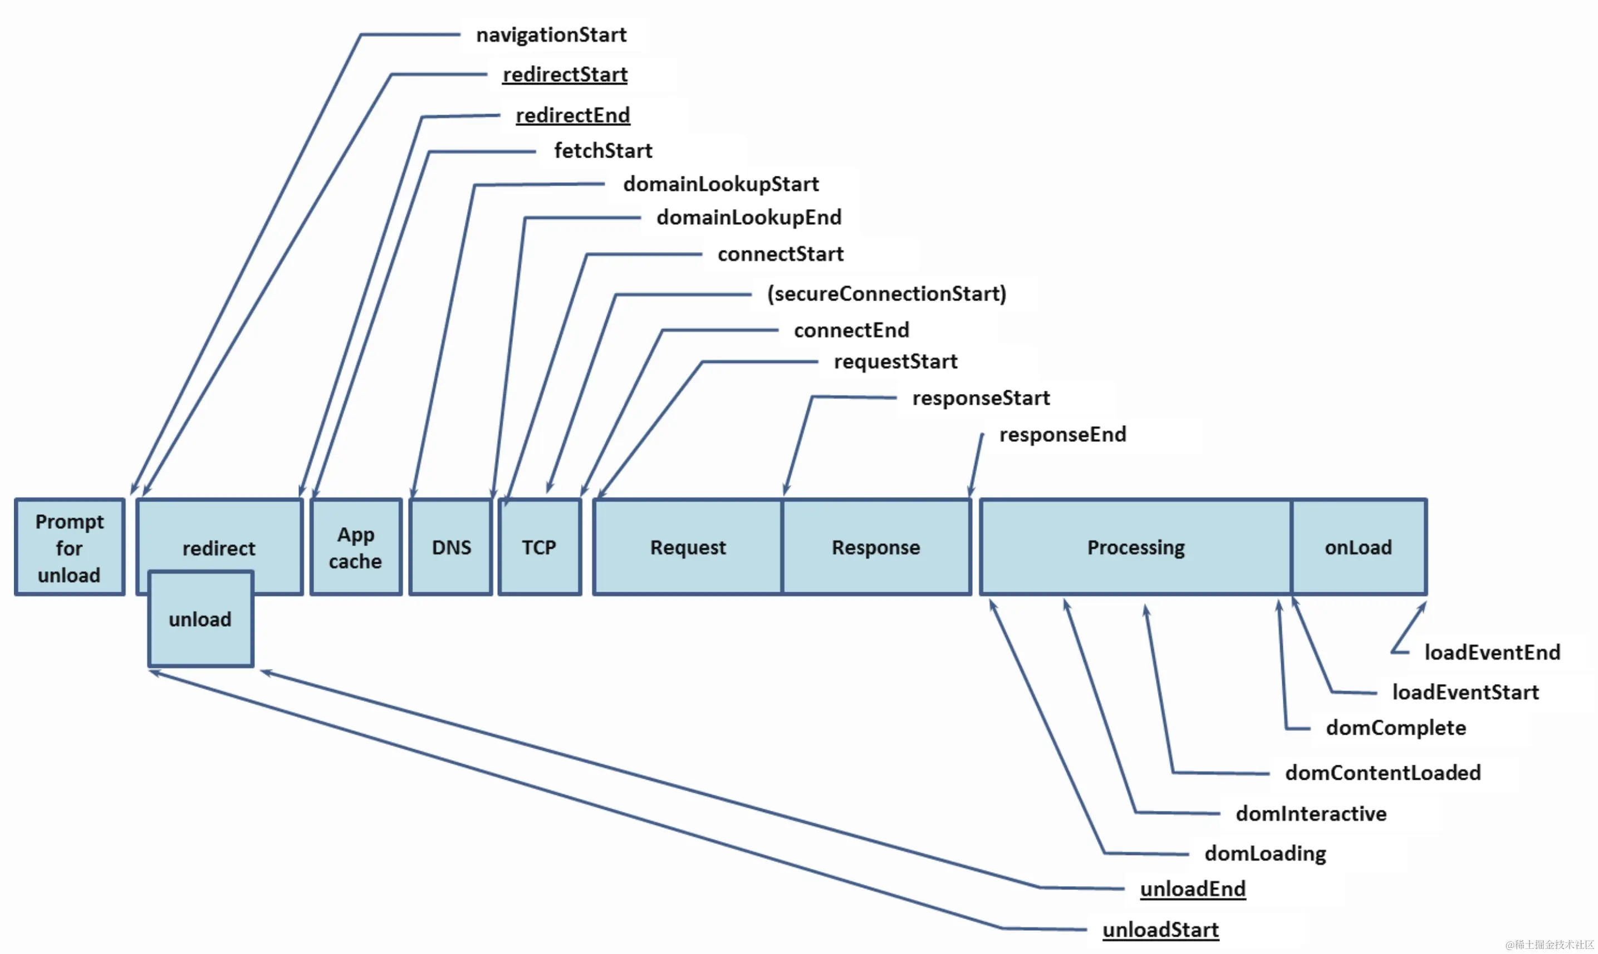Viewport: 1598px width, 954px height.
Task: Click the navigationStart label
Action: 551,35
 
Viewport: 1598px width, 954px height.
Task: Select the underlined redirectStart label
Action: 565,75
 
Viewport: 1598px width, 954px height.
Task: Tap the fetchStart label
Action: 602,150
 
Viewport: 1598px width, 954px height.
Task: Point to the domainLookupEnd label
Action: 748,217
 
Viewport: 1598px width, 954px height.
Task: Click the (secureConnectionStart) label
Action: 886,294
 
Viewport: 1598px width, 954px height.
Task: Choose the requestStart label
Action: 895,361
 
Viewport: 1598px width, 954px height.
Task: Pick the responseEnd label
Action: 1062,435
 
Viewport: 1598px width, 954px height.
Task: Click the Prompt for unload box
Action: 70,548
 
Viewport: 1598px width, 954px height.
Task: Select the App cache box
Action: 356,548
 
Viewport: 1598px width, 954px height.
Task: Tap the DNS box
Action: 451,548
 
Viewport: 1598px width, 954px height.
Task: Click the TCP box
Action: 539,548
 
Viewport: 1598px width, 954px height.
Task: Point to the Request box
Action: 688,548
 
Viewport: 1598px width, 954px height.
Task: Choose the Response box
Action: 876,548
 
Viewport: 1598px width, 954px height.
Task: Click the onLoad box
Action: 1358,548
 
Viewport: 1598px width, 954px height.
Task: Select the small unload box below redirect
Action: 200,619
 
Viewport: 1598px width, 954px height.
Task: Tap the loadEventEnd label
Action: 1492,652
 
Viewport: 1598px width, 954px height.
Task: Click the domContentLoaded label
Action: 1383,773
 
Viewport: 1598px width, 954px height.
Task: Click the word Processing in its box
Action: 1136,548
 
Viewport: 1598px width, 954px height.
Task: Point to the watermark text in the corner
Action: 1550,945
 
